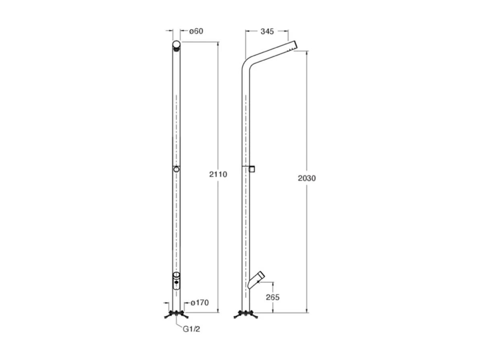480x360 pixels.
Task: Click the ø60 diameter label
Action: (x=196, y=31)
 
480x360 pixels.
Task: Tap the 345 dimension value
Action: (x=267, y=31)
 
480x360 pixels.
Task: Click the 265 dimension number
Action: (x=272, y=297)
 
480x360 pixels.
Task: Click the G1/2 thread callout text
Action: (x=192, y=329)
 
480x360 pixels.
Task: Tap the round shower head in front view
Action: (x=176, y=44)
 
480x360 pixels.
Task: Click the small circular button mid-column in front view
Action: (x=176, y=170)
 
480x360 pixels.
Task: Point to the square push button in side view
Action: (x=252, y=168)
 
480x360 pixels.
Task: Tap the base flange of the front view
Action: (x=176, y=314)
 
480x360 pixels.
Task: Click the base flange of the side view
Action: (x=245, y=314)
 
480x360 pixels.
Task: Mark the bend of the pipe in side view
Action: (x=246, y=64)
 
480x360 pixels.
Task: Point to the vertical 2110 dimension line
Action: (x=218, y=121)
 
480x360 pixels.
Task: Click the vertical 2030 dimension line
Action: (x=307, y=121)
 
